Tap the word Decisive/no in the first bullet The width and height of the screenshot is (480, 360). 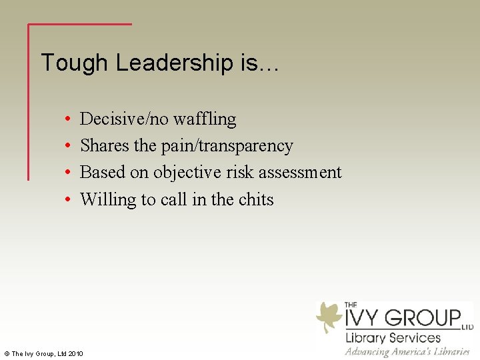click(124, 119)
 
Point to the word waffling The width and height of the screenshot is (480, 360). click(205, 119)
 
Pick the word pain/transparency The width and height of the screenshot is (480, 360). click(227, 146)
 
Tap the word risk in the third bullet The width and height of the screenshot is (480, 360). click(241, 173)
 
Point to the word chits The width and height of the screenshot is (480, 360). click(256, 199)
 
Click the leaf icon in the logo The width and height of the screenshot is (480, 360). click(329, 316)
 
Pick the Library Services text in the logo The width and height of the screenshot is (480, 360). click(393, 337)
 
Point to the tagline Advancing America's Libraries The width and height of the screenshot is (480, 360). click(407, 351)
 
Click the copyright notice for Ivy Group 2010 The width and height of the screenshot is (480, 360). click(43, 353)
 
